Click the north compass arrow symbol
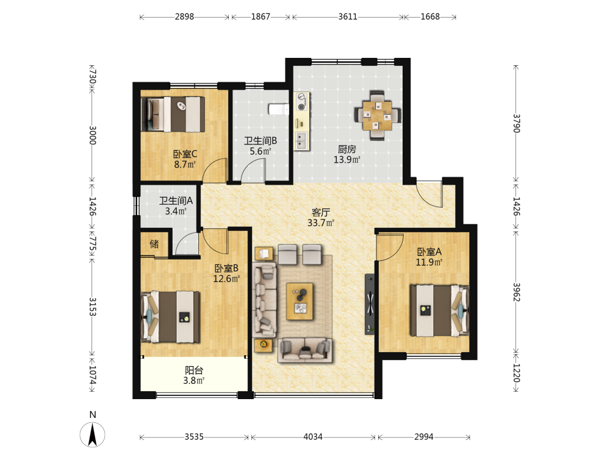tap(93, 434)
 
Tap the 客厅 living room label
tap(321, 212)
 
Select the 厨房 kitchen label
tap(347, 149)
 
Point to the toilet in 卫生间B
tap(279, 109)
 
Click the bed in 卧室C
tap(173, 115)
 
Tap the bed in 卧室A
tap(440, 311)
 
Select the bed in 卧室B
tap(170, 317)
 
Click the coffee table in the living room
tap(300, 301)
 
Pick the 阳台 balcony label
tap(194, 370)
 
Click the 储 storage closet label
tap(154, 244)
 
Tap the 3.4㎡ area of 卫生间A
tap(176, 211)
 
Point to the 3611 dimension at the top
tap(348, 16)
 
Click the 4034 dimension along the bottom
tap(313, 437)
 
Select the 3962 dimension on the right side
tap(516, 292)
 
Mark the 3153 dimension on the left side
tap(93, 306)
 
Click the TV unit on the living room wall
tap(370, 304)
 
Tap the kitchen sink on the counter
tap(301, 140)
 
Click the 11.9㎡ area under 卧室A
tap(429, 262)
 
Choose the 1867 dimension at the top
tap(260, 16)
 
